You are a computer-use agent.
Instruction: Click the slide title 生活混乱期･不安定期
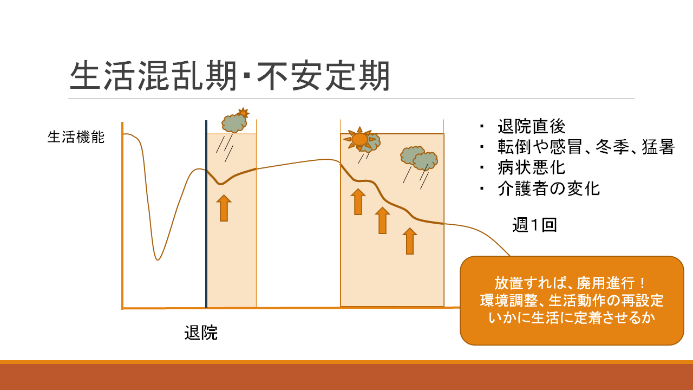click(x=230, y=76)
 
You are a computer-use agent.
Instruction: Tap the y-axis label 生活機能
click(x=76, y=137)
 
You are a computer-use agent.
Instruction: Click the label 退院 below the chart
click(x=201, y=333)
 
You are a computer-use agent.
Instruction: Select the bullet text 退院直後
click(x=532, y=126)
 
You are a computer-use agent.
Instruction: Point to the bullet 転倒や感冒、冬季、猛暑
click(x=586, y=147)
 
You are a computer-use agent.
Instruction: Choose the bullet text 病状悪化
click(x=532, y=167)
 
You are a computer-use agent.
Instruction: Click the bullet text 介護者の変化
click(x=549, y=188)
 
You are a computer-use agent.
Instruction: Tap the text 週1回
click(x=534, y=225)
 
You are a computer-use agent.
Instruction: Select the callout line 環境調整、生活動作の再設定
click(x=572, y=300)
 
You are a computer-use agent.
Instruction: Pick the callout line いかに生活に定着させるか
click(x=572, y=318)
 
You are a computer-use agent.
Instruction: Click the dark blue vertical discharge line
click(x=206, y=214)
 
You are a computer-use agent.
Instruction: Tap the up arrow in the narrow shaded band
click(x=224, y=208)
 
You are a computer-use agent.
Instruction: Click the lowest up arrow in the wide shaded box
click(x=410, y=241)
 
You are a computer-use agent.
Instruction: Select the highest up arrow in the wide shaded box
click(x=358, y=201)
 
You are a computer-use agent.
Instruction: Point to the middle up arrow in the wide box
click(x=382, y=220)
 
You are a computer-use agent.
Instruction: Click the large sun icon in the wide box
click(x=359, y=139)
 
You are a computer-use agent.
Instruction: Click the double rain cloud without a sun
click(x=419, y=159)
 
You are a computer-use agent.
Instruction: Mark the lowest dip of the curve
click(x=158, y=259)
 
